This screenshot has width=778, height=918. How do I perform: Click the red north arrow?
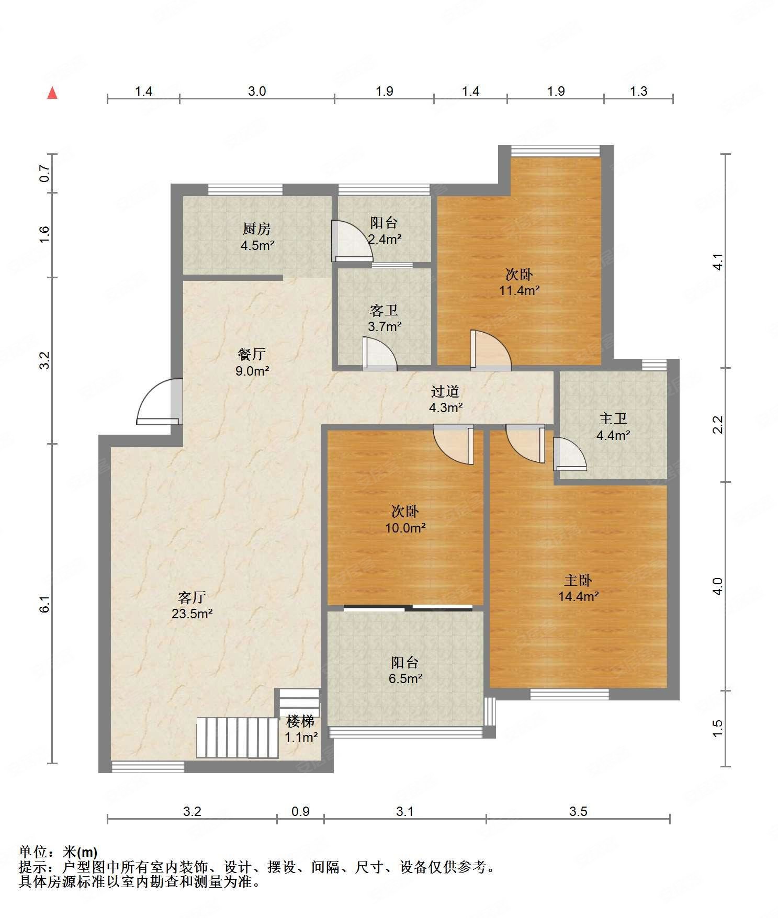[x=52, y=93]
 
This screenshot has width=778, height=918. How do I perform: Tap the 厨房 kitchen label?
[x=256, y=229]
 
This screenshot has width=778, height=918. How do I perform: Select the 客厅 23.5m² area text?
[x=192, y=605]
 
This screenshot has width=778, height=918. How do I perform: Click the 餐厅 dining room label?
[x=252, y=354]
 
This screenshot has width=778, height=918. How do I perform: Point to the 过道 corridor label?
[x=445, y=391]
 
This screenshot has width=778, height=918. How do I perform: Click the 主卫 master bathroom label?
[x=613, y=418]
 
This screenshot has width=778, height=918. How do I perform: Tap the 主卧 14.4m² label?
[x=578, y=588]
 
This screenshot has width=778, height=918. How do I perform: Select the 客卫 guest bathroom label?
[x=385, y=311]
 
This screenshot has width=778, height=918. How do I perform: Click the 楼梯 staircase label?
[x=300, y=721]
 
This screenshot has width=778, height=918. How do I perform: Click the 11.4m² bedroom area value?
[x=519, y=290]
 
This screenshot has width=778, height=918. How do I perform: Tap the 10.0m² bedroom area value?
[x=405, y=528]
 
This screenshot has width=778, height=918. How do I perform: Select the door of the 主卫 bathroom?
[x=570, y=453]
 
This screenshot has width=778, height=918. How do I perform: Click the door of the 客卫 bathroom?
[x=379, y=354]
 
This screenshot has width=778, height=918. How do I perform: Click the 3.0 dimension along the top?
[x=257, y=92]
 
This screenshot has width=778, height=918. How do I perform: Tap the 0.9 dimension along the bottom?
[x=300, y=811]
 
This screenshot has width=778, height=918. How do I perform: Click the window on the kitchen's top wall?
[x=245, y=189]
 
